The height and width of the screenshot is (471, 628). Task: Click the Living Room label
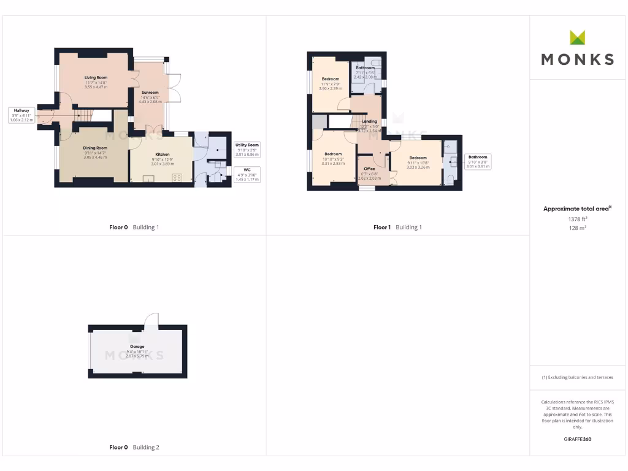pos(96,78)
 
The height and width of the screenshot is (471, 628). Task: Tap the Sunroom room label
pos(150,93)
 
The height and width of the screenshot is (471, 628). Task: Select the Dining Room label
pos(95,148)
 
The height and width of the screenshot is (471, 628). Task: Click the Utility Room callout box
pos(247,150)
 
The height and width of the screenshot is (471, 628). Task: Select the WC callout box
pos(247,174)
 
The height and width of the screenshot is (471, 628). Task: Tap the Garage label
pos(137,347)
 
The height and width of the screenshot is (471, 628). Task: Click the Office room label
pos(369,169)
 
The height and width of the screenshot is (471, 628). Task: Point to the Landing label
pos(369,121)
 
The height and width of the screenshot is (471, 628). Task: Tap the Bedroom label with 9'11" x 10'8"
pos(418,158)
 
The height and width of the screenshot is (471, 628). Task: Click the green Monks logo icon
pos(577,37)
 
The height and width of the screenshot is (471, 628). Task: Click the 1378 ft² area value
pos(577,218)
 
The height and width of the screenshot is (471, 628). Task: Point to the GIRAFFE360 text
pos(577,439)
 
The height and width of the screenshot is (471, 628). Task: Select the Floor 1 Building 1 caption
pos(397,227)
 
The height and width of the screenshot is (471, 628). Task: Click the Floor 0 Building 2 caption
pos(134,447)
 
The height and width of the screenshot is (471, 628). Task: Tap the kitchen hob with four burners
pos(177,178)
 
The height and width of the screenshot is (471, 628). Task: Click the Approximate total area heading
pos(577,209)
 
